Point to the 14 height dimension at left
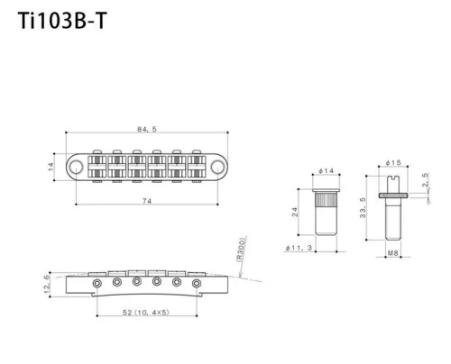coord(51,165)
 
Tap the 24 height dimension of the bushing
coord(294,212)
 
